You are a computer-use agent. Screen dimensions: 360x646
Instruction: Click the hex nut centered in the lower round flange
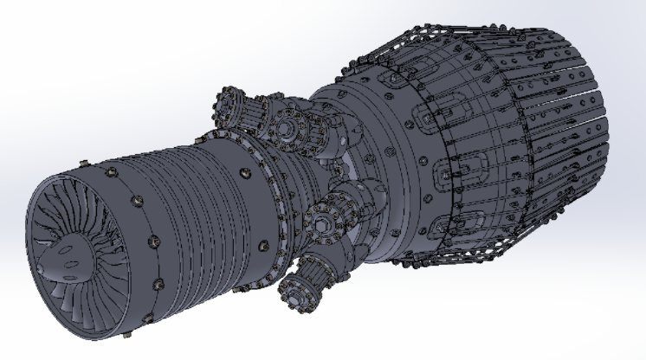pyautogui.click(x=322, y=223)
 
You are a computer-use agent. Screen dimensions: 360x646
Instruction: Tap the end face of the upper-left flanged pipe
pyautogui.click(x=229, y=96)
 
